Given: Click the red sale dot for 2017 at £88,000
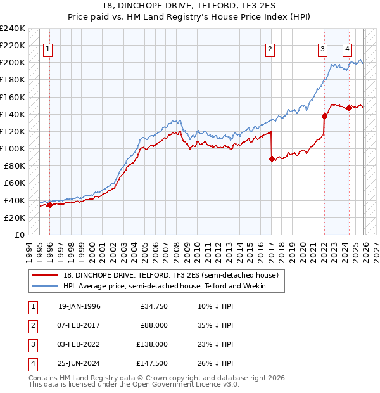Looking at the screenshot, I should [x=272, y=159].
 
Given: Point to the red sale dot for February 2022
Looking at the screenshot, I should [x=324, y=116].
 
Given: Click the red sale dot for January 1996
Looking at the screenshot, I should [x=49, y=204].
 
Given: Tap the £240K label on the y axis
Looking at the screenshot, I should [x=13, y=29].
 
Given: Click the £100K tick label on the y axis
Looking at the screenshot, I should [x=13, y=148].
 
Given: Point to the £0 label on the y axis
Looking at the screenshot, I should [x=20, y=235].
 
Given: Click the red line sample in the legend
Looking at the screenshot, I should [x=45, y=275].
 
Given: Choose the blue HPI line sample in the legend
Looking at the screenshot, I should [x=45, y=286].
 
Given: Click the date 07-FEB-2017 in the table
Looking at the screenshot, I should [x=79, y=325].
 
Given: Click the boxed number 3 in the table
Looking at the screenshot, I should [x=32, y=344].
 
